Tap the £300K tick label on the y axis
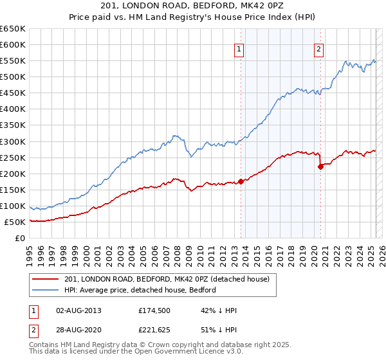12,141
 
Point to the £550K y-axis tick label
12,60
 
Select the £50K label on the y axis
15,222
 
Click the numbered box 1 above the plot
239,49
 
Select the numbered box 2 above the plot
319,49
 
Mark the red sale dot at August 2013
241,181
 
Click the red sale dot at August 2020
320,166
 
